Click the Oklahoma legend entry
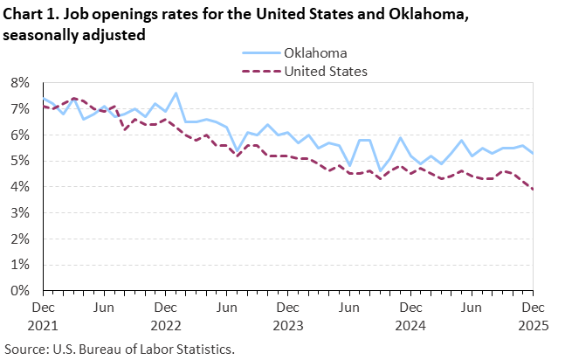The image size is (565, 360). [x=315, y=52]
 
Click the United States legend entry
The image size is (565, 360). [x=325, y=71]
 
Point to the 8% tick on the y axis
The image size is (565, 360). [x=20, y=83]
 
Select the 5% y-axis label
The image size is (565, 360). [x=20, y=161]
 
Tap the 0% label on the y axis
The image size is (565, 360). [x=20, y=290]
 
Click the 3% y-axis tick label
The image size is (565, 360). [x=20, y=212]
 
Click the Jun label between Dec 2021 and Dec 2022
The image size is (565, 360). [x=104, y=308]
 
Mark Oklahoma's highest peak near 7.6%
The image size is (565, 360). [x=176, y=93]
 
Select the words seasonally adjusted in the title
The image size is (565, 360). [x=73, y=35]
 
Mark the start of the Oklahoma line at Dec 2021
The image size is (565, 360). [x=43, y=100]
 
